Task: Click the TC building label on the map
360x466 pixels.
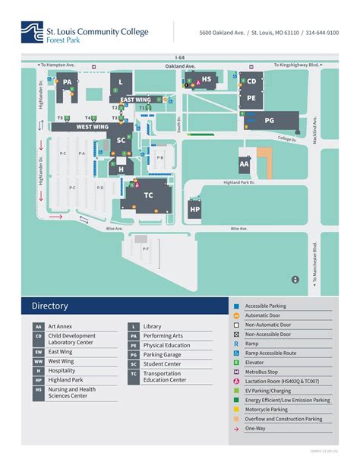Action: (x=148, y=195)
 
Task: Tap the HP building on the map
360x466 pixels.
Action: (x=195, y=209)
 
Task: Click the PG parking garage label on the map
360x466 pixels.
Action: (x=270, y=120)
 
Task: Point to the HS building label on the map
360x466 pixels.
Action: (x=207, y=78)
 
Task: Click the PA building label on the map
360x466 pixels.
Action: (x=68, y=82)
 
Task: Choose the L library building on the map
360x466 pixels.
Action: (x=120, y=82)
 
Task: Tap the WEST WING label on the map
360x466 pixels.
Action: (x=92, y=128)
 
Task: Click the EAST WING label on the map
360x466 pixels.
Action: (x=136, y=100)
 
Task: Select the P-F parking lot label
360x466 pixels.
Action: (x=145, y=248)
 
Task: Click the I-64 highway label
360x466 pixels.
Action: (x=179, y=57)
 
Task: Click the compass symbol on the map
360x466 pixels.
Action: (x=295, y=280)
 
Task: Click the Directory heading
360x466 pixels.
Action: (x=50, y=306)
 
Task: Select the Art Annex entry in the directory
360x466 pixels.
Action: (x=62, y=326)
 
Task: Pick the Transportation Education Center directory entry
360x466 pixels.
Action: (x=165, y=376)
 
